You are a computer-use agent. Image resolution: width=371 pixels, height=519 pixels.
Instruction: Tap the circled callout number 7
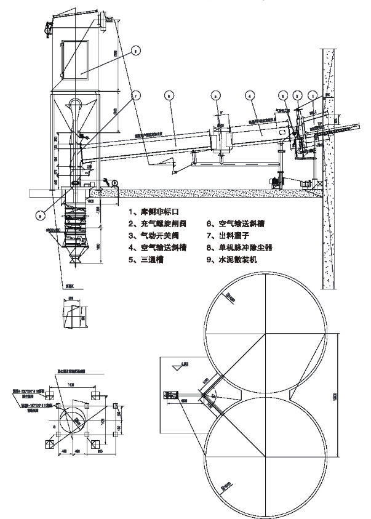tap(135, 95)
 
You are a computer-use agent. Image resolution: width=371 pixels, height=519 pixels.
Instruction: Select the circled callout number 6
tap(170, 95)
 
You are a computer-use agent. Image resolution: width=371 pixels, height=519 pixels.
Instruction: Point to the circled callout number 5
tap(215, 95)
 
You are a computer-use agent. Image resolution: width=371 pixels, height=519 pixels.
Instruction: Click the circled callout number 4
tap(249, 95)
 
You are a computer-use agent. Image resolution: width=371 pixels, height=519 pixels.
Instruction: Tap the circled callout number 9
tap(41, 215)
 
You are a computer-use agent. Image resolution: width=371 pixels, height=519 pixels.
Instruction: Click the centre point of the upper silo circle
tap(265, 335)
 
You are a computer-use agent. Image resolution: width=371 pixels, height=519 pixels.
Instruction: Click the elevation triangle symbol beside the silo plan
tap(178, 364)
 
